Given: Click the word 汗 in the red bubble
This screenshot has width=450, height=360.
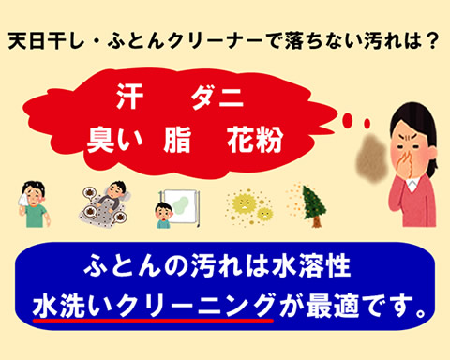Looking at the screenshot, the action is click(129, 97).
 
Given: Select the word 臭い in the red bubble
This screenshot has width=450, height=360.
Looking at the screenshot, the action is click(114, 140).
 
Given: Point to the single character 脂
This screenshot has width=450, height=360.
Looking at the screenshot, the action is click(177, 140).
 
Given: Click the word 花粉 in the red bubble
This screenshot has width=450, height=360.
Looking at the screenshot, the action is click(255, 140).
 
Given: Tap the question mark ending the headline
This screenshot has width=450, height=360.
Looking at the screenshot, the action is click(433, 40).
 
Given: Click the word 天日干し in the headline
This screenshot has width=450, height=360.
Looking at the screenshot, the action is click(46, 40).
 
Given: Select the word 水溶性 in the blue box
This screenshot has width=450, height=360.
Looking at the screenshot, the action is click(311, 266).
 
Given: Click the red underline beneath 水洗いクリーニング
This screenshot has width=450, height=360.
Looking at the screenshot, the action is click(153, 320).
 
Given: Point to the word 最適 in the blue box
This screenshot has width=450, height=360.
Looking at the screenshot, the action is click(332, 306).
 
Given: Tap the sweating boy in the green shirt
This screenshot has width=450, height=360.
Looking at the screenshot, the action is click(35, 204).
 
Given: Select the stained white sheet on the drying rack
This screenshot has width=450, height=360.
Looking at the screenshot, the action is click(180, 206).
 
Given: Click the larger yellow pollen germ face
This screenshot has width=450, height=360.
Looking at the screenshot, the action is click(245, 203).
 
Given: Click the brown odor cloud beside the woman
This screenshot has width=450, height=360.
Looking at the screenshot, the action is click(371, 157).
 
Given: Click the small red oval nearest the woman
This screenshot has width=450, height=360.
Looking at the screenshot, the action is click(367, 124).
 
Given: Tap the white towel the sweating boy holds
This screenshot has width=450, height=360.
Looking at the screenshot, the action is click(24, 199).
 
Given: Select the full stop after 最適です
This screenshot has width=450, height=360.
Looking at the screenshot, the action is click(421, 312).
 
